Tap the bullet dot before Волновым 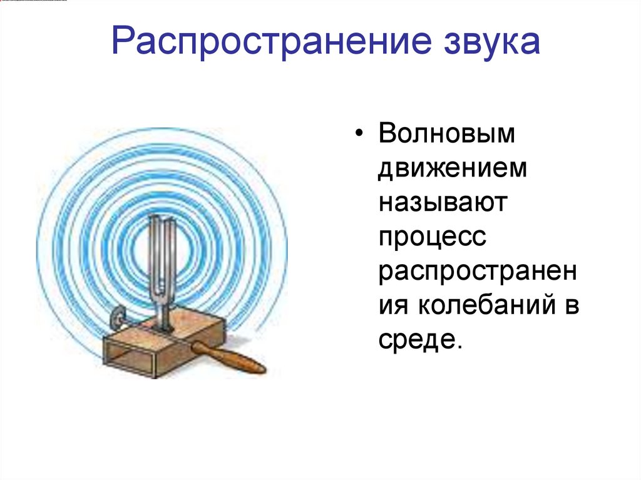pos(359,136)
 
